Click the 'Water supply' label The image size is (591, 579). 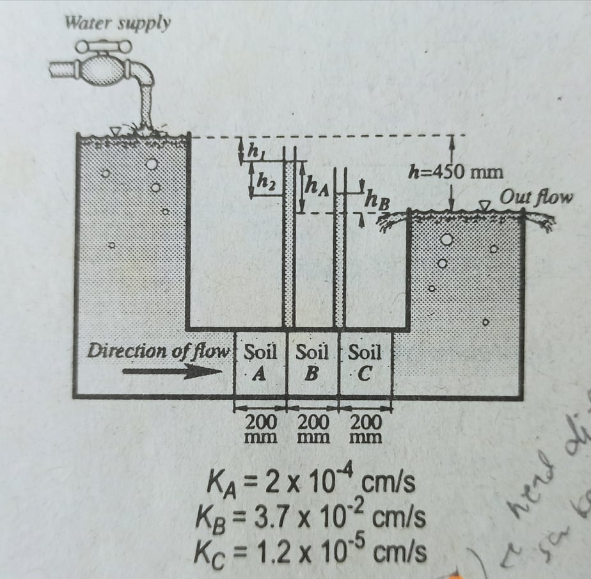point(118,24)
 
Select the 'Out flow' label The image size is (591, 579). point(536,197)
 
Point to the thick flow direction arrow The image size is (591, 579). point(168,373)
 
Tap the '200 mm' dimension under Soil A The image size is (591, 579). point(261,429)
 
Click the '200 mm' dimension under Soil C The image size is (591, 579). point(366,429)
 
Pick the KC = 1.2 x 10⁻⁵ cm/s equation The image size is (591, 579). point(311,550)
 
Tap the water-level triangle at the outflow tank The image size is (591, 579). point(485,205)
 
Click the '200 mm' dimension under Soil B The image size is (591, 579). point(313,429)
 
